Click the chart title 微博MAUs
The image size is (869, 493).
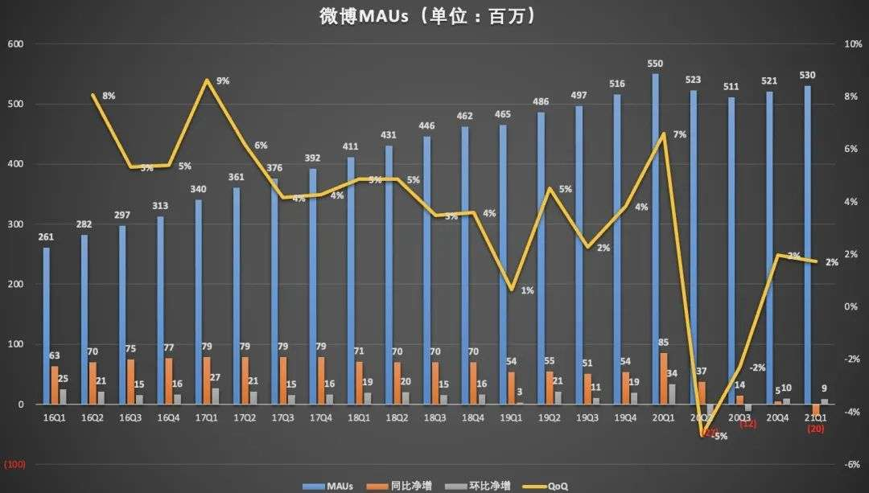tap(434, 16)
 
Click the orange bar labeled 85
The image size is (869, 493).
tap(665, 379)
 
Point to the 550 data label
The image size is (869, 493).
tap(656, 64)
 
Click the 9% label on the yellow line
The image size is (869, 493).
tap(223, 80)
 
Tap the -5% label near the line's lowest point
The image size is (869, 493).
tap(719, 436)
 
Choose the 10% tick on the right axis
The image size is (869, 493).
tap(853, 44)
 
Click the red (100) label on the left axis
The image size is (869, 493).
tap(15, 465)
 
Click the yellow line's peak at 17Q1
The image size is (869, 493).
tap(208, 80)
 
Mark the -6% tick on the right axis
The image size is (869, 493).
tap(853, 465)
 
